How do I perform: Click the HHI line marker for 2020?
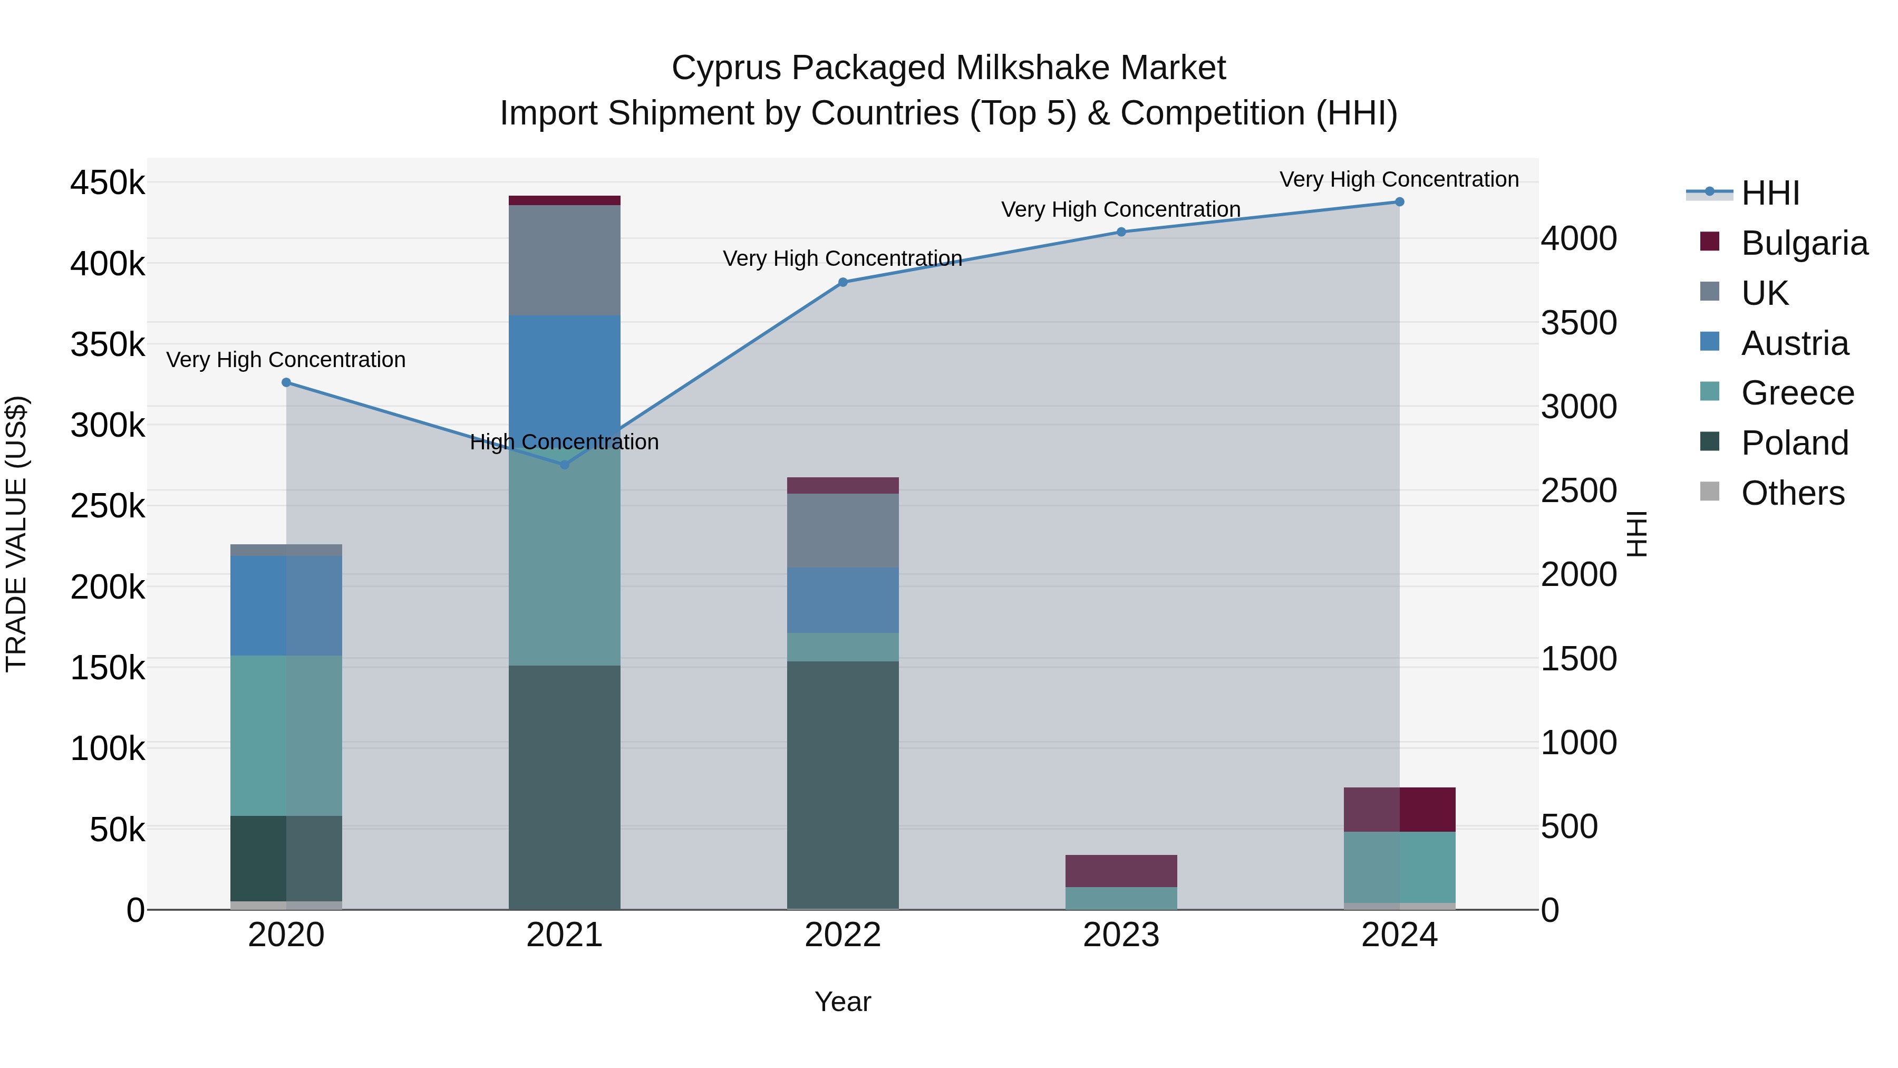[287, 382]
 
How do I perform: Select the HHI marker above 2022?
[843, 282]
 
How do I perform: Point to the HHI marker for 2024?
[1399, 202]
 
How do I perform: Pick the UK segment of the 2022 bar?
[843, 531]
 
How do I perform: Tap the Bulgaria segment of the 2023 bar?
[1121, 871]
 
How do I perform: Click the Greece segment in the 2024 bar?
[1399, 868]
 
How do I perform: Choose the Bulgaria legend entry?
[1804, 243]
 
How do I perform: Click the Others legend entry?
[1792, 493]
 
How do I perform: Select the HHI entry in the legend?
[1770, 193]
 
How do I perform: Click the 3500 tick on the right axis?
[1578, 323]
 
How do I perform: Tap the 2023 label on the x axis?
[1121, 935]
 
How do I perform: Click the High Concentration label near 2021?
[564, 442]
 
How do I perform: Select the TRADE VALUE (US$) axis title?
[16, 534]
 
